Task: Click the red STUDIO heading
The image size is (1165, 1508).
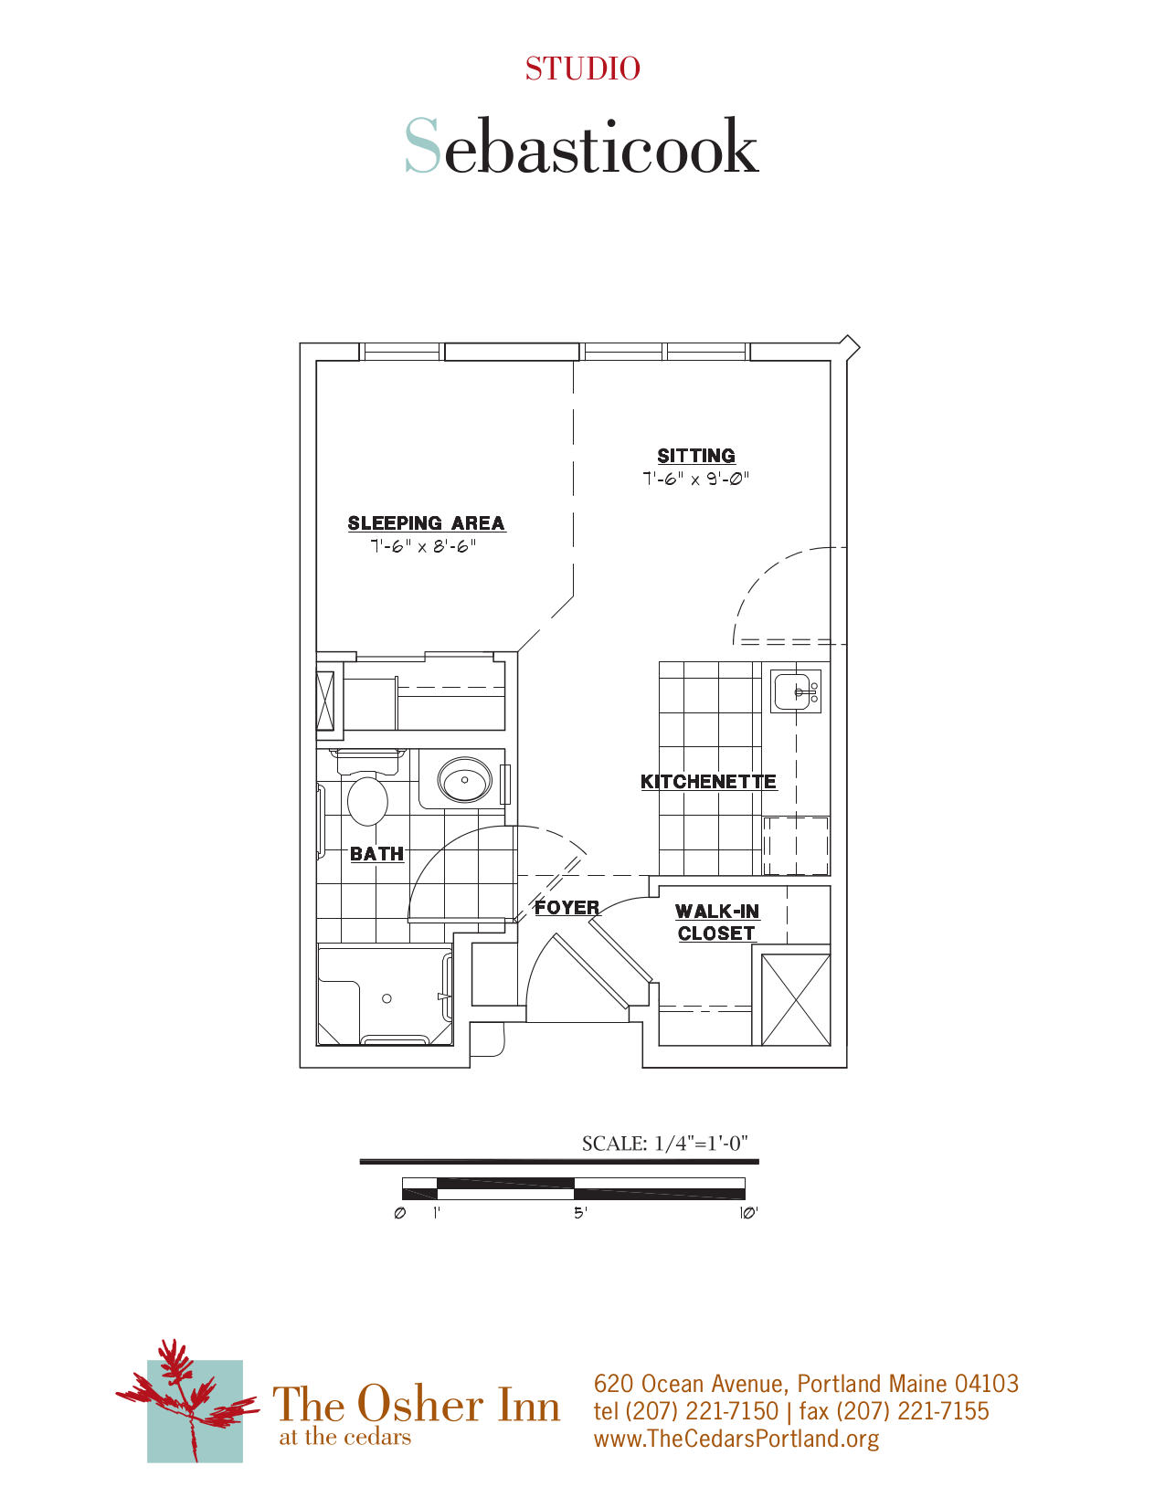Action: click(582, 69)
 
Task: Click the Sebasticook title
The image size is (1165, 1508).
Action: click(582, 146)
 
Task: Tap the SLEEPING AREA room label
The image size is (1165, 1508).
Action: click(426, 523)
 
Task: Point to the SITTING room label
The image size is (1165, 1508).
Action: click(696, 456)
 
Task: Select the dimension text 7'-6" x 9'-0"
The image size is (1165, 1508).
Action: click(695, 479)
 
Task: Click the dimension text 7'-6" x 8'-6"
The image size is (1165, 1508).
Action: click(423, 546)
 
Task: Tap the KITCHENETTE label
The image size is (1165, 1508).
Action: click(708, 782)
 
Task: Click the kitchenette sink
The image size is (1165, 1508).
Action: click(796, 691)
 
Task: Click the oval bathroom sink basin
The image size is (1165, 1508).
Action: click(465, 781)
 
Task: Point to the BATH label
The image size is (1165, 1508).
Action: click(376, 854)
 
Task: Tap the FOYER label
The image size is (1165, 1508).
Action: click(567, 908)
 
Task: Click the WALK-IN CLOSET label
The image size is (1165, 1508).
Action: click(717, 923)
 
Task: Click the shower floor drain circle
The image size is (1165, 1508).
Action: click(387, 998)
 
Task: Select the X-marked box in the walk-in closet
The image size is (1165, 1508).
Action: click(795, 1000)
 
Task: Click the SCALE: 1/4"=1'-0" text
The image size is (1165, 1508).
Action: click(664, 1144)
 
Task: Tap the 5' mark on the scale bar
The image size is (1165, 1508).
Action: click(580, 1213)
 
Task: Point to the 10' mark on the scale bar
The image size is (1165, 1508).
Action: click(748, 1213)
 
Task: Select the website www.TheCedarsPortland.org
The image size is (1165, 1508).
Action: click(736, 1439)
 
